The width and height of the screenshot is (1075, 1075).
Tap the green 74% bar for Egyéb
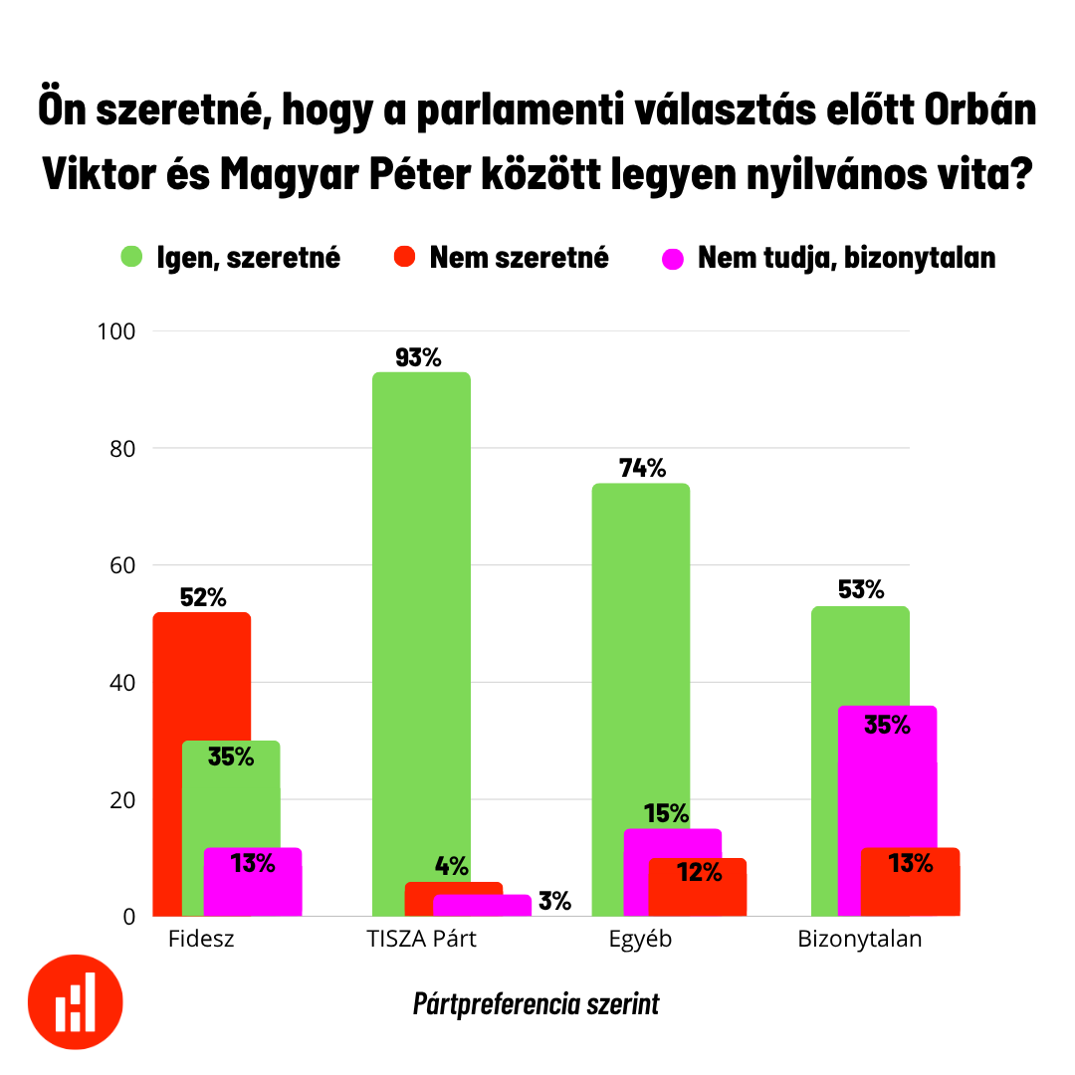tap(641, 647)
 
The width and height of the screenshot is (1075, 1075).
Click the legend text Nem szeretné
tap(519, 258)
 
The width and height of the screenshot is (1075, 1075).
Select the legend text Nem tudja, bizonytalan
tap(846, 258)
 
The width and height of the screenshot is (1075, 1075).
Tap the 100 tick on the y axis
tap(115, 331)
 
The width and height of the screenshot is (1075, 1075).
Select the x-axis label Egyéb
tap(640, 939)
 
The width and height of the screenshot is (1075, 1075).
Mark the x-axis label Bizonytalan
tap(860, 939)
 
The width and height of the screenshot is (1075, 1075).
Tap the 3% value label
tap(554, 902)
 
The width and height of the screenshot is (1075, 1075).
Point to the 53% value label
tap(861, 590)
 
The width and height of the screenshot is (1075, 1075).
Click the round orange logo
tap(76, 1001)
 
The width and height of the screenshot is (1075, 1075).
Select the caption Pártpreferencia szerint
tap(537, 1003)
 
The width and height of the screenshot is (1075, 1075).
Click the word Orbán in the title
tap(980, 111)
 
